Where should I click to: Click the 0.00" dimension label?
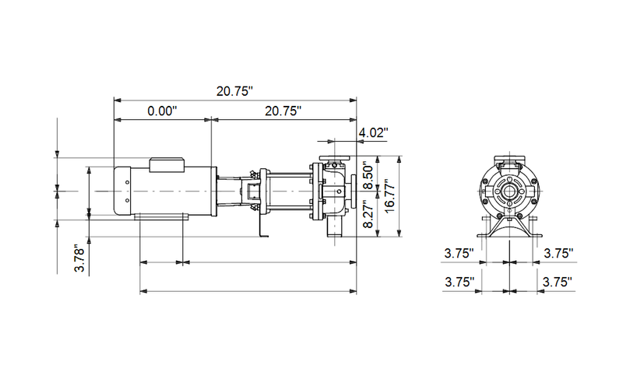[163, 111]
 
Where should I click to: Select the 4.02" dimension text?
[372, 133]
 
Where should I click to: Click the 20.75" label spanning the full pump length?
[235, 91]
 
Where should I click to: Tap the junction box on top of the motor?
[167, 163]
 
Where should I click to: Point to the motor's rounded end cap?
[121, 190]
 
